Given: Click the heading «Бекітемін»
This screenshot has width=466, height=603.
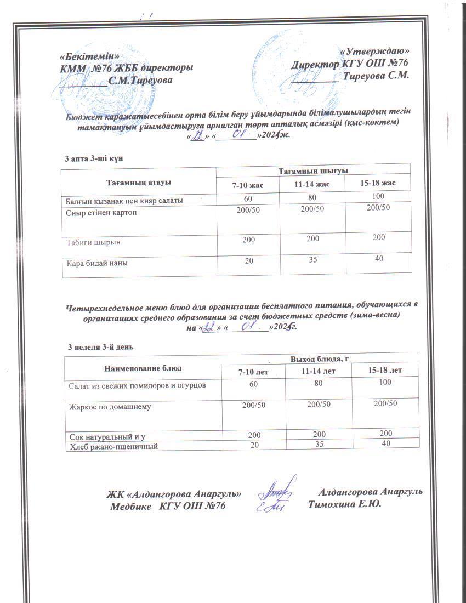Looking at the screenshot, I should [90, 56].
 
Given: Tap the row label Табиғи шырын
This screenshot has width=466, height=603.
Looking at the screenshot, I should [94, 241].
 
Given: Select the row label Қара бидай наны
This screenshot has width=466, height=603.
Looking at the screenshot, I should [98, 263].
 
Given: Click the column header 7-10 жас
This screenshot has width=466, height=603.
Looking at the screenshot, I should [248, 185].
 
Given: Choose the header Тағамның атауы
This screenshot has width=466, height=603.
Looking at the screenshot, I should [138, 179].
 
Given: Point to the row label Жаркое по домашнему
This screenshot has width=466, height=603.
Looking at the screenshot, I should [109, 407].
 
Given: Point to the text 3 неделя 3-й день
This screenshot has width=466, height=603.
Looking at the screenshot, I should [100, 347].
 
